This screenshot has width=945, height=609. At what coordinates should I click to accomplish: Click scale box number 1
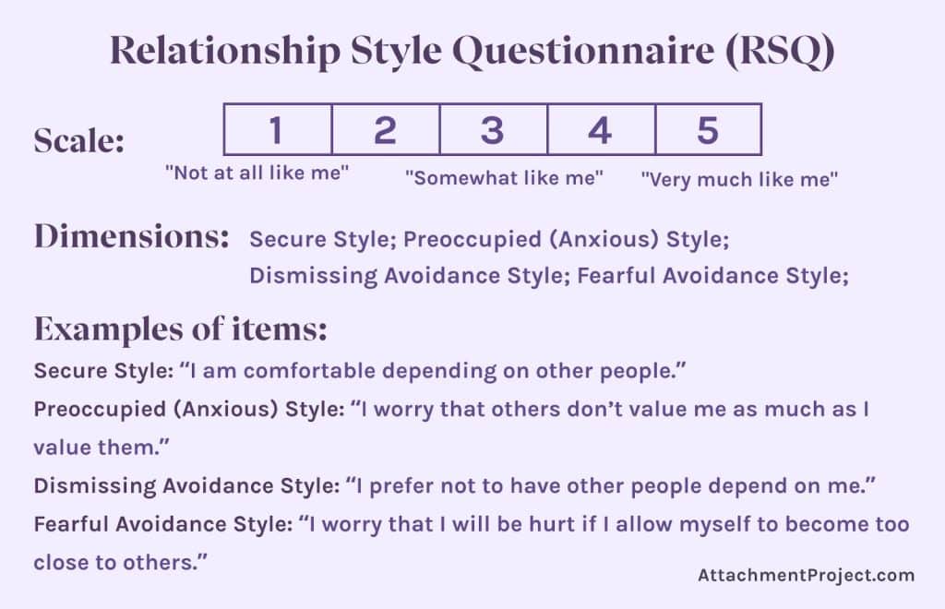tap(278, 129)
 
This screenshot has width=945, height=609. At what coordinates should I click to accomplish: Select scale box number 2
tap(386, 129)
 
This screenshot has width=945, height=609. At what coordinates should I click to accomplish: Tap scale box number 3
tap(493, 129)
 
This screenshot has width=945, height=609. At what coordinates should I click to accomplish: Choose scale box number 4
tap(601, 129)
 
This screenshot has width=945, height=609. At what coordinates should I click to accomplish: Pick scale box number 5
tap(708, 129)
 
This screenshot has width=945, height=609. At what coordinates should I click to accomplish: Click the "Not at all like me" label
tap(257, 173)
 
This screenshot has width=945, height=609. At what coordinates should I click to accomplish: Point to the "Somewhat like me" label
tap(504, 177)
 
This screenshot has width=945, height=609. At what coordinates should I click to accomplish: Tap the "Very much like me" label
tap(739, 180)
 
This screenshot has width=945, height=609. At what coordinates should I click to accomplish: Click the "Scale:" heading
tap(79, 141)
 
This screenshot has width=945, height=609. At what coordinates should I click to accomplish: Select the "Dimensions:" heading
tap(131, 237)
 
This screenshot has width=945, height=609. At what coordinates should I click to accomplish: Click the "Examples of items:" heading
tap(181, 328)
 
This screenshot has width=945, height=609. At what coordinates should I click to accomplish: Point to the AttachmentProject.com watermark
tap(806, 575)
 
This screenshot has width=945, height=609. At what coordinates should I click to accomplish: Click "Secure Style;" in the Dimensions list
tap(322, 240)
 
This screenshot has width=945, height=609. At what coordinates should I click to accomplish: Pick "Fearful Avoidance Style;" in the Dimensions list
tap(712, 276)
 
